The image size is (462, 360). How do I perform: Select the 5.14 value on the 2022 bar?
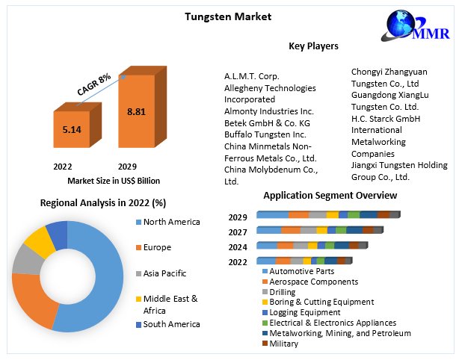(x=72, y=129)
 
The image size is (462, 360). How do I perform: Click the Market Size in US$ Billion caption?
(x=114, y=180)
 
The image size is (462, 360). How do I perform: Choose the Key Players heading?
(x=313, y=46)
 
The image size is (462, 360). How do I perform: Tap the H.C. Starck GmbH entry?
(x=386, y=118)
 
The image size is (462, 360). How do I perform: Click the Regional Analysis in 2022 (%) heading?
(x=103, y=202)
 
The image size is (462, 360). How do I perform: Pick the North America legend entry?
(x=171, y=222)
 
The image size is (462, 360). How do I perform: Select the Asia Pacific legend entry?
(x=164, y=273)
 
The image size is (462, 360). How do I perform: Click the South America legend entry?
(x=171, y=324)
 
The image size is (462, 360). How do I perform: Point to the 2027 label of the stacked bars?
(x=238, y=232)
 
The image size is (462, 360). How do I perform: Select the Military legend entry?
(x=283, y=344)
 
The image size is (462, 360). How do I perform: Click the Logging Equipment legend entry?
(x=304, y=312)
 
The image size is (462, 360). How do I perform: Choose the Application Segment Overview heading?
(x=330, y=196)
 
